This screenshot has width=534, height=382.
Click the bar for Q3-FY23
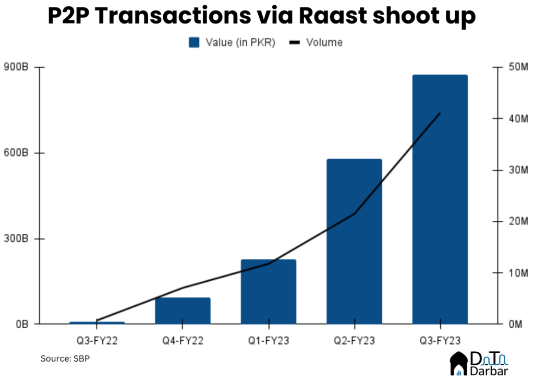click(440, 199)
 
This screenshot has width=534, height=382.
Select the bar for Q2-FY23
click(354, 241)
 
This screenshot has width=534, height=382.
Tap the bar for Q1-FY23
click(269, 292)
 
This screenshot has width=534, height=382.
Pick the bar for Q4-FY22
click(183, 311)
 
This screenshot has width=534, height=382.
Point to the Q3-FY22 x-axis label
click(97, 340)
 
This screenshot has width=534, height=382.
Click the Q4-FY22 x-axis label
click(183, 340)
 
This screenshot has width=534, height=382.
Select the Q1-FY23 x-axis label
click(269, 340)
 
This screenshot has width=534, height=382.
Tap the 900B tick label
click(16, 67)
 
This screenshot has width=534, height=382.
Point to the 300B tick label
click(16, 238)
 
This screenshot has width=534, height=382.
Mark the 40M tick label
click(518, 118)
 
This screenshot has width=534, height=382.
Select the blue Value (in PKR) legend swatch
click(194, 43)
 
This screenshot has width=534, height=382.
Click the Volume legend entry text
click(324, 43)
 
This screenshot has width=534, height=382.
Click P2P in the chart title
click(68, 16)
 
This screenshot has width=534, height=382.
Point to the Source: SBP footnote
click(65, 359)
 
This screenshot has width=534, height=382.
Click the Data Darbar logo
click(479, 364)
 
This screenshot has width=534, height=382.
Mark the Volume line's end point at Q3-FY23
click(440, 113)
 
